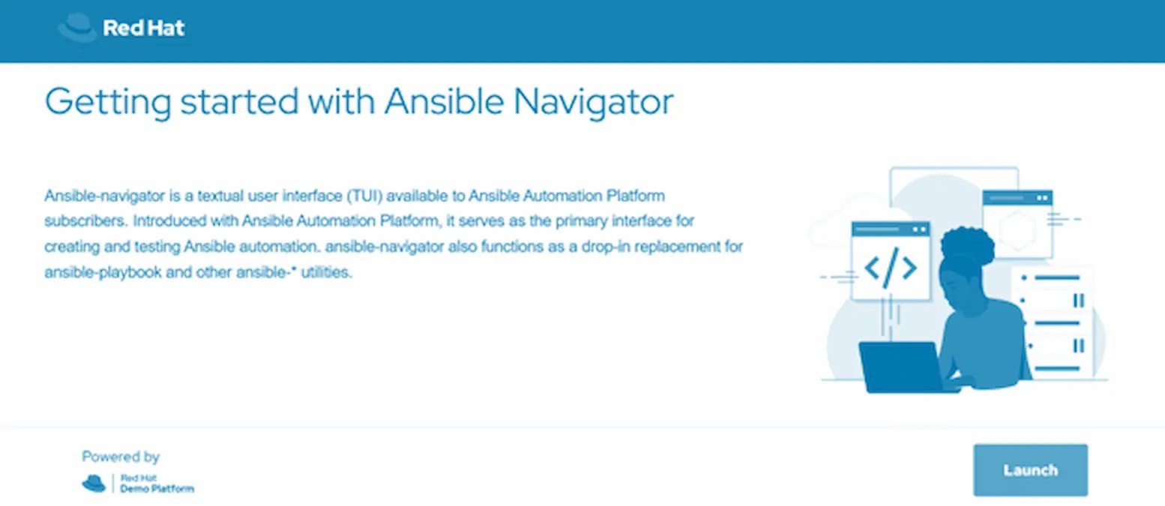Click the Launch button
1030,470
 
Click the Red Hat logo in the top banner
121,28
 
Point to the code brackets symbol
890,267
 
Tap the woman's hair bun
967,244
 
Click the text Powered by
121,457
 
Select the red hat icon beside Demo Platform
94,484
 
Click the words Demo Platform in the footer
157,489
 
